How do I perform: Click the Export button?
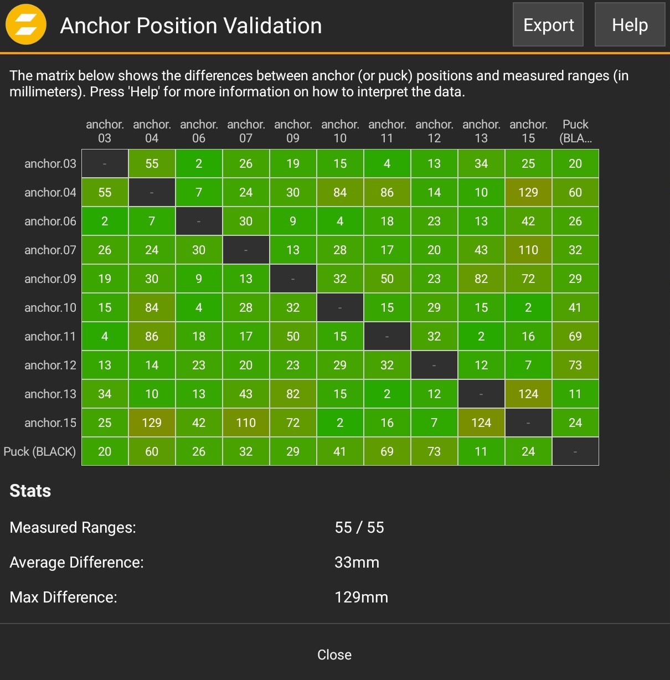[548, 25]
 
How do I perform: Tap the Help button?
[630, 25]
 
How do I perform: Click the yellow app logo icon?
[25, 24]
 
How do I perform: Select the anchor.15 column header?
[528, 131]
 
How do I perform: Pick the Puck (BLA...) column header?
[575, 131]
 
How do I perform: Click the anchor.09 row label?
[50, 279]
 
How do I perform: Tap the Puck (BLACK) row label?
[40, 451]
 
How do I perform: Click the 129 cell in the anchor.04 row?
[528, 192]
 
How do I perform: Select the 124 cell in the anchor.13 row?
[528, 394]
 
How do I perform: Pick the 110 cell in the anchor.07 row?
[528, 250]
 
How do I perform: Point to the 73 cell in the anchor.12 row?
[575, 365]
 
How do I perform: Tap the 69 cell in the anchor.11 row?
[575, 336]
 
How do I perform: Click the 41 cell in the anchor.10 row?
[575, 307]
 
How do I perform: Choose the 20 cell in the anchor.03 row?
[575, 163]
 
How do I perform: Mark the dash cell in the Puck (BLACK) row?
[575, 451]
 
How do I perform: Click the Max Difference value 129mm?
[361, 597]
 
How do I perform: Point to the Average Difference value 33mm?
[357, 562]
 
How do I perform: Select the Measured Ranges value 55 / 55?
[359, 527]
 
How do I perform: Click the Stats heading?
[30, 491]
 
